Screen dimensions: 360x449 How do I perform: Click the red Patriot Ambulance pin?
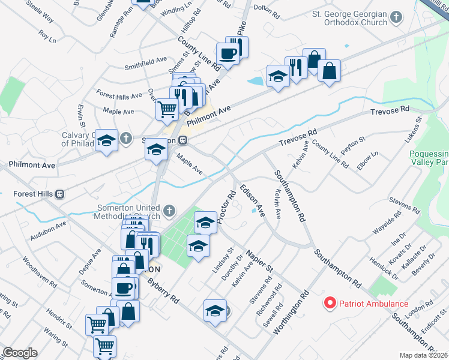[330, 303]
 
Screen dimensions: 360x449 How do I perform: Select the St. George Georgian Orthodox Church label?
[350, 18]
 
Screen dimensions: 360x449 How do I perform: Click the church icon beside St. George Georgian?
[396, 17]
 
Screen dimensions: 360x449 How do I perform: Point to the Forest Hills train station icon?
[59, 194]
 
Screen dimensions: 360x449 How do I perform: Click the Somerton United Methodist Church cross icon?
[170, 211]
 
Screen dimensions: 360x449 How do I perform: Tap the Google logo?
[20, 353]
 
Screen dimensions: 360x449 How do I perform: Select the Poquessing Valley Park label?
[429, 158]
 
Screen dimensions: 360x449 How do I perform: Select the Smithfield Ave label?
[145, 61]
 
